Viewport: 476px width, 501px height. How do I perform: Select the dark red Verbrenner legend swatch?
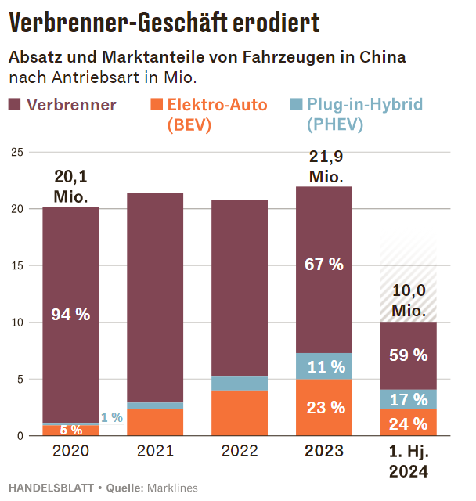[15, 105]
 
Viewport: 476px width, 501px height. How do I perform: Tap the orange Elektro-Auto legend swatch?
[156, 105]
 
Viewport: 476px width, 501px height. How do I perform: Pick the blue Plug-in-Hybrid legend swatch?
[296, 105]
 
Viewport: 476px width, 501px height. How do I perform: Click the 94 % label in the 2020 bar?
[70, 315]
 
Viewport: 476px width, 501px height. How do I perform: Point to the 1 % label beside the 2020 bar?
[111, 418]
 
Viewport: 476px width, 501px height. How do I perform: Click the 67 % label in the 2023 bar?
[324, 265]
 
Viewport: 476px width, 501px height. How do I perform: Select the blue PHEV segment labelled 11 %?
[324, 366]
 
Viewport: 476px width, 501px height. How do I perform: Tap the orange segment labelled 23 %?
[324, 407]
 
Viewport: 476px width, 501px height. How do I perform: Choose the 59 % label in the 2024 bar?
[408, 355]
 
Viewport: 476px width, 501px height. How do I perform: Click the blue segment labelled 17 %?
[408, 399]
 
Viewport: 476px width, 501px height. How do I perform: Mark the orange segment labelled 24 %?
[408, 424]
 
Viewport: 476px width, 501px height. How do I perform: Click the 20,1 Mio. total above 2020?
[70, 187]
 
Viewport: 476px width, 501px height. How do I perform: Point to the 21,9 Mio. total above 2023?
[325, 167]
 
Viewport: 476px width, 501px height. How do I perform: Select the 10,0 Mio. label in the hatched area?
[409, 301]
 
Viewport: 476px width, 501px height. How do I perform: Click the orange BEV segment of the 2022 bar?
[240, 413]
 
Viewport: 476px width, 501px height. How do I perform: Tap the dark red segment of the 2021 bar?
[155, 297]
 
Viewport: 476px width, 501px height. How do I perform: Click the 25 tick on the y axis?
[16, 152]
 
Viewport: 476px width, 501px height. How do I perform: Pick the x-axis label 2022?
[240, 452]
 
